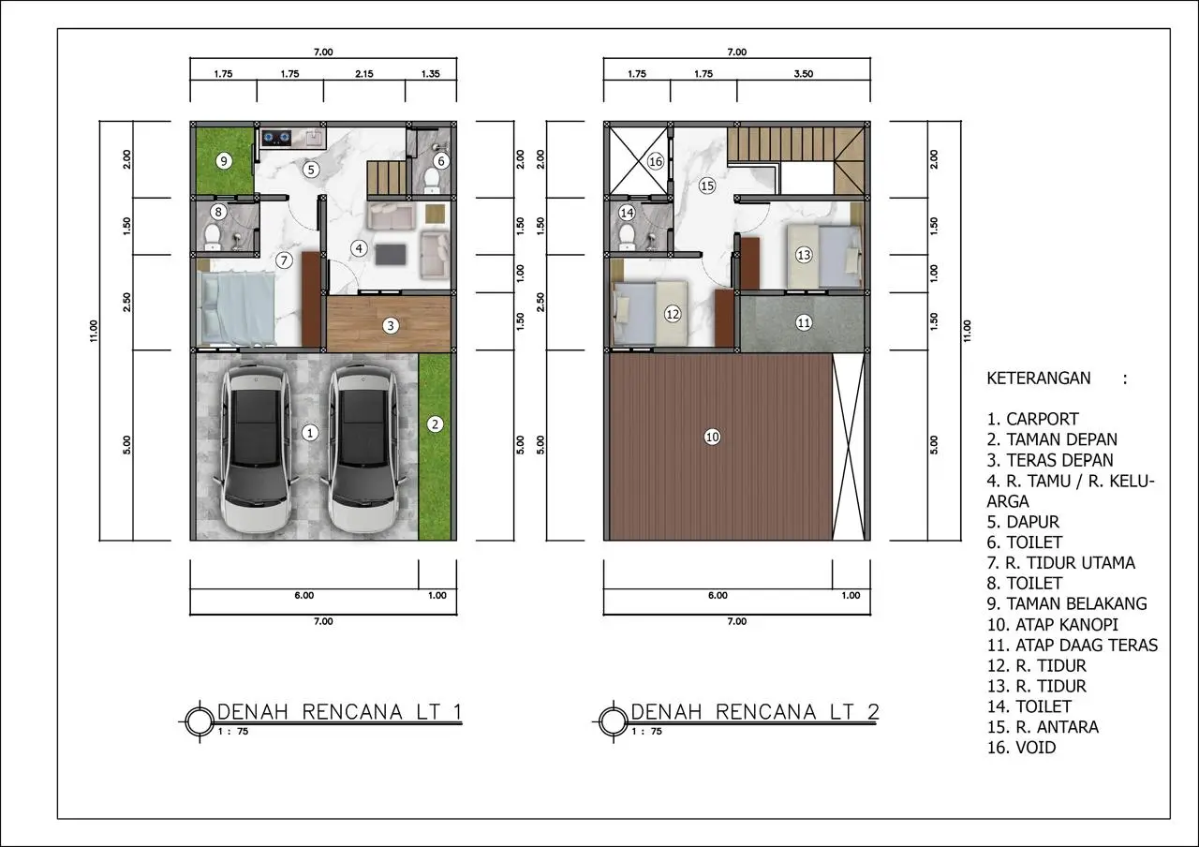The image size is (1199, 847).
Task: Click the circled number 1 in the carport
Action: [309, 433]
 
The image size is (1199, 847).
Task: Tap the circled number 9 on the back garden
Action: [224, 160]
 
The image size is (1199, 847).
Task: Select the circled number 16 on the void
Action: [655, 161]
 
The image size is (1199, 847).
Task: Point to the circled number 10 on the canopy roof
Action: [712, 437]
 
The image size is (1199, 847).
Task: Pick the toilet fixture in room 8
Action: [213, 237]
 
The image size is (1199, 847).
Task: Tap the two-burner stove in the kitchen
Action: [276, 138]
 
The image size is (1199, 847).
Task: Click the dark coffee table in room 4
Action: [391, 254]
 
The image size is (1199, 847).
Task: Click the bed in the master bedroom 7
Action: [236, 307]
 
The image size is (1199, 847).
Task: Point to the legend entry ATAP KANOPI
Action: [1052, 625]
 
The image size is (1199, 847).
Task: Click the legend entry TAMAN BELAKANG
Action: [1067, 604]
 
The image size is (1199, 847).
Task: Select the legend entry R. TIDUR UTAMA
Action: [1061, 563]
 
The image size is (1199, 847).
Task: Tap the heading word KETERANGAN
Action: [1039, 378]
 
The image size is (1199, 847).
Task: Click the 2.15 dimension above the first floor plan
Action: [364, 74]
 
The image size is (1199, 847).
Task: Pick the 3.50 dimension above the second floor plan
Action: [804, 74]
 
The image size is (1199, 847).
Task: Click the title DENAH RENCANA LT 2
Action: [755, 712]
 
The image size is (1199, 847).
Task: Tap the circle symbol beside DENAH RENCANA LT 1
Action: [200, 721]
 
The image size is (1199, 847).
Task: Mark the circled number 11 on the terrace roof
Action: [804, 323]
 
